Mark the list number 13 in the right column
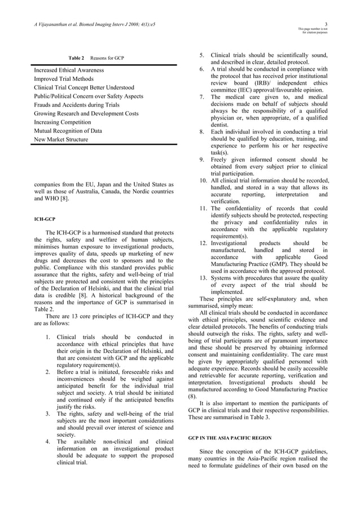click(204, 278)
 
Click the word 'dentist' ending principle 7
click(222, 125)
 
